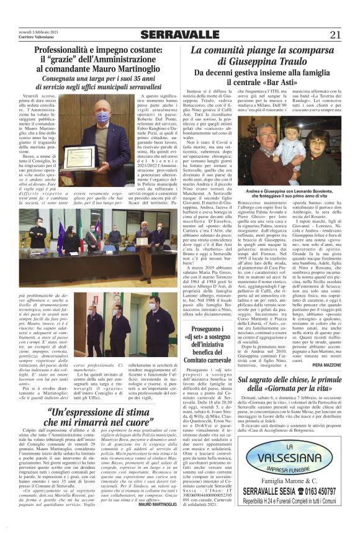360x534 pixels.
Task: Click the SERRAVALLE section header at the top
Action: point(181,35)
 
